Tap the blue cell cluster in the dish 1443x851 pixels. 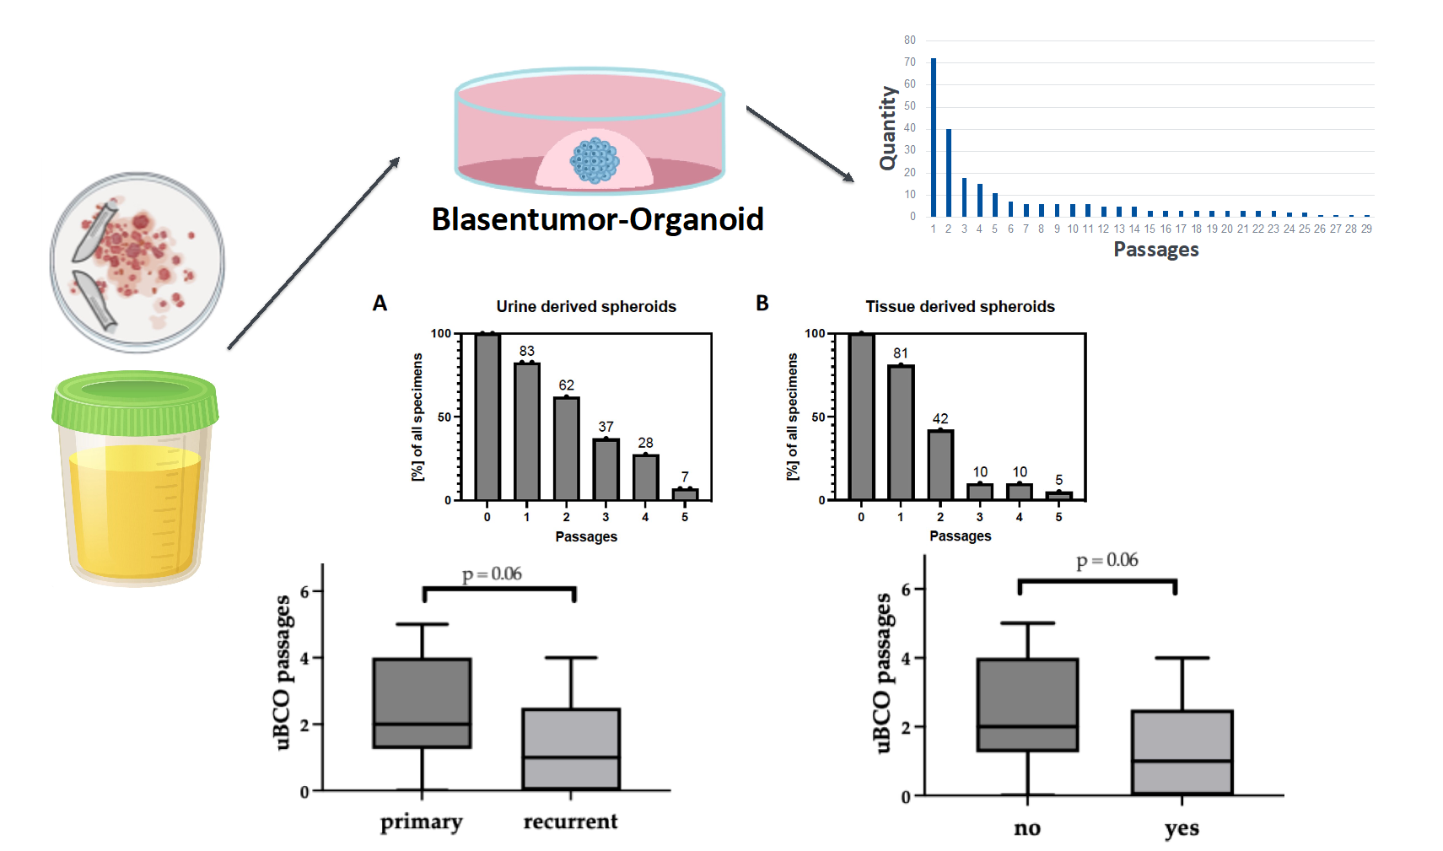[595, 160]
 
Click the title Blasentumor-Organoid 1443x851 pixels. [597, 219]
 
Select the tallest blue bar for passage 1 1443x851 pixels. [934, 137]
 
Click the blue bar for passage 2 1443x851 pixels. [948, 173]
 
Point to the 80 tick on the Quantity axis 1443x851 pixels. [910, 40]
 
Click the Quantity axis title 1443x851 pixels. [888, 128]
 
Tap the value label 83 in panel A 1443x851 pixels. [527, 351]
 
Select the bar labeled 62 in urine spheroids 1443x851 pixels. [566, 449]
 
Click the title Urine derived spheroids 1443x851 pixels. [586, 307]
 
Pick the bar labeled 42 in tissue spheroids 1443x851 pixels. [940, 465]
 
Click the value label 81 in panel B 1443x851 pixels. [901, 353]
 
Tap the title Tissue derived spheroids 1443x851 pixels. [960, 307]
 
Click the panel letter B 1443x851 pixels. [762, 303]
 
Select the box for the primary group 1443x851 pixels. [422, 703]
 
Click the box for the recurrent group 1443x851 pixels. [571, 749]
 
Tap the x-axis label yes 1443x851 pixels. [1182, 828]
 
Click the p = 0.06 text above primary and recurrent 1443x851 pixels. [492, 574]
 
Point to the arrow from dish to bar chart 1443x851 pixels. [800, 144]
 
